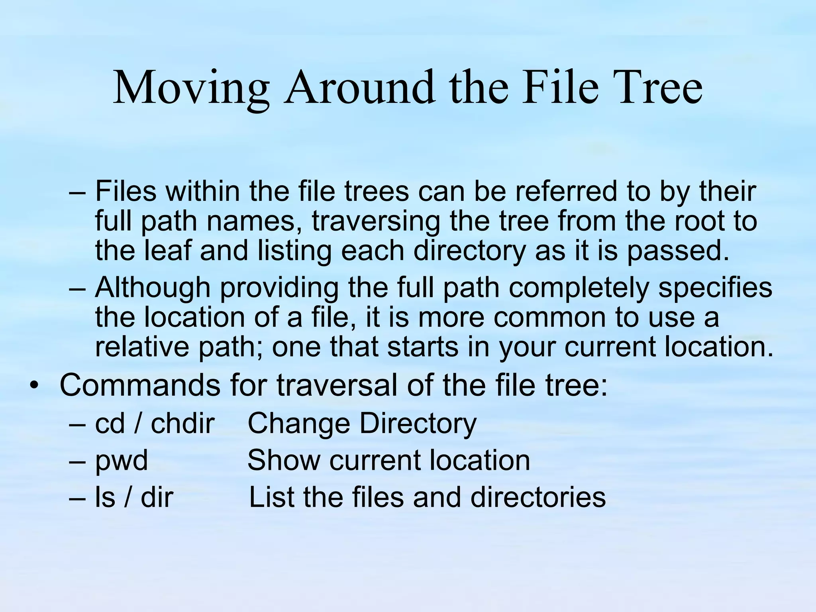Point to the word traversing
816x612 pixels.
pos(376,222)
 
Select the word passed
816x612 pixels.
pos(678,251)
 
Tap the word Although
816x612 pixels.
pos(153,288)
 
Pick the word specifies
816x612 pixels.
pos(715,288)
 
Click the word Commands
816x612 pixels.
pos(140,385)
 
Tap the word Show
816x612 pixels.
pos(284,461)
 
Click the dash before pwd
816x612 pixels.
pos(77,461)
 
